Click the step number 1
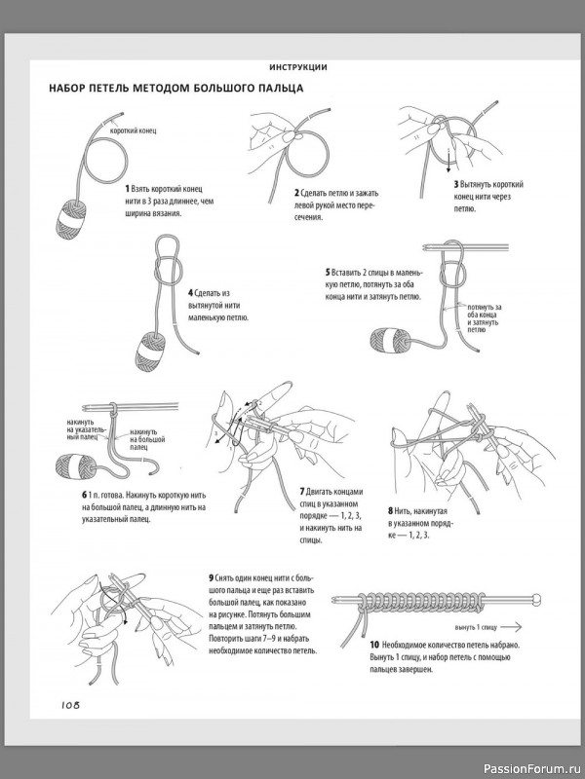point(128,187)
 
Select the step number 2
point(296,192)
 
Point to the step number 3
point(455,184)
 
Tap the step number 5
point(328,272)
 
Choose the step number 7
point(302,491)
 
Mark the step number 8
point(391,509)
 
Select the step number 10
point(374,646)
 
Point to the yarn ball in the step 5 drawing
point(392,337)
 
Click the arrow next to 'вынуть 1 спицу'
point(523,628)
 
